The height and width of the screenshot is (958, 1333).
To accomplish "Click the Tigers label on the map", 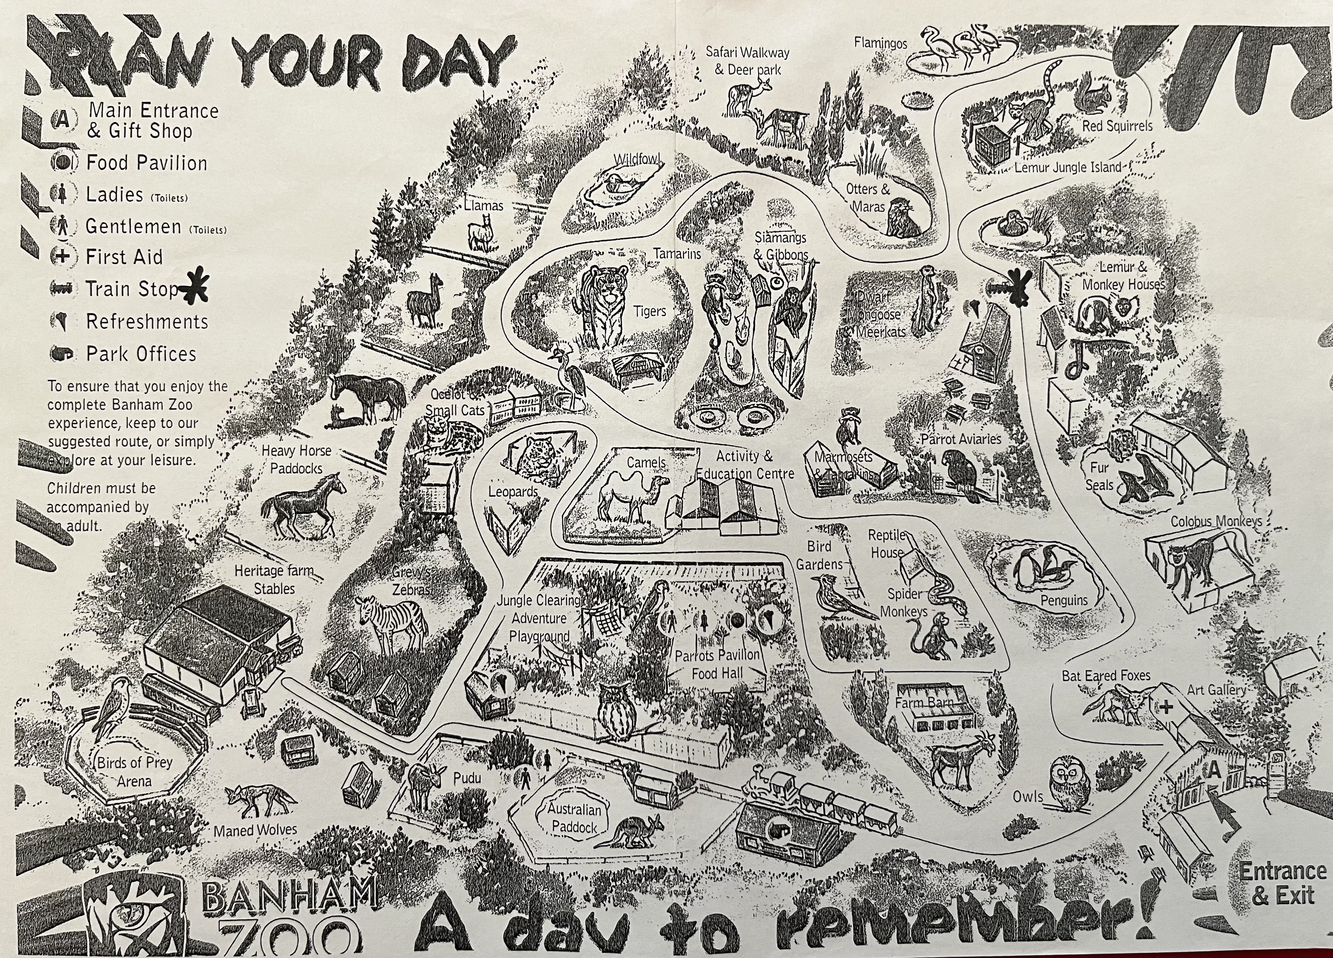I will click(x=649, y=311).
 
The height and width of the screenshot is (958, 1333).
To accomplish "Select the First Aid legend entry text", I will click(x=124, y=257).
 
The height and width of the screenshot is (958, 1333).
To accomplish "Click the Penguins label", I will click(x=1064, y=600).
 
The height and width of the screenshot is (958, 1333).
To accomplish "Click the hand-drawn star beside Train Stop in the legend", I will click(x=194, y=286).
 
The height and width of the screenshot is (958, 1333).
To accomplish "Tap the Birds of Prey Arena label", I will click(x=134, y=772).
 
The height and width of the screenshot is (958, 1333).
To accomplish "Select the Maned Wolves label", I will click(x=255, y=830).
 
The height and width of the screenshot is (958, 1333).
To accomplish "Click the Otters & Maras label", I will click(x=868, y=197).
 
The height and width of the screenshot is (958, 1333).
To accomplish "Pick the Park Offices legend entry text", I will click(x=141, y=354).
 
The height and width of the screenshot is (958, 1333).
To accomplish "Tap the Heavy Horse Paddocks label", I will click(x=296, y=459).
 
